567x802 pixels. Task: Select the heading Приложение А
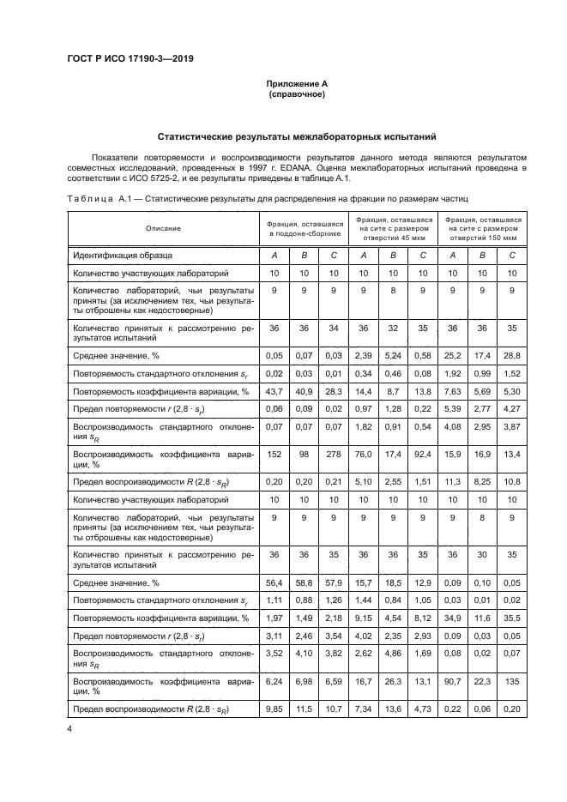[x=296, y=83]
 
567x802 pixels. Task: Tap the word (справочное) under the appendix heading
[x=296, y=93]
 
